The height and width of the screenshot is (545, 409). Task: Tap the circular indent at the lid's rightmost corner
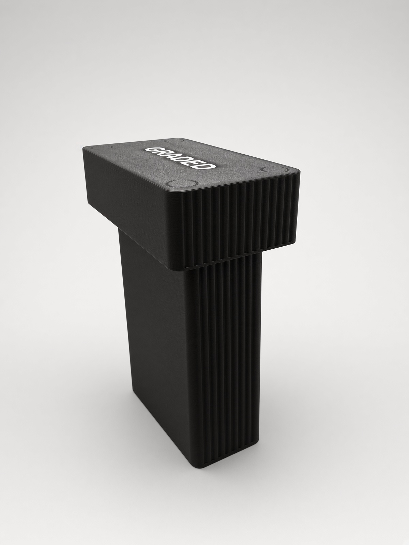pos(275,170)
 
